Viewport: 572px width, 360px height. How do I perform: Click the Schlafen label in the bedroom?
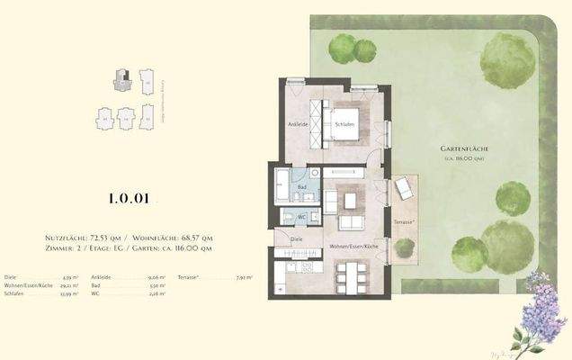(342, 126)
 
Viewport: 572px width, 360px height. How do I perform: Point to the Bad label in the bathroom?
(303, 187)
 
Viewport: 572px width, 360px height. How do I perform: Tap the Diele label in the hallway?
(296, 239)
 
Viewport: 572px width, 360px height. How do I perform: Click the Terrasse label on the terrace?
(402, 220)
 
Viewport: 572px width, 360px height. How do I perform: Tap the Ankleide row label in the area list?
(101, 278)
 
